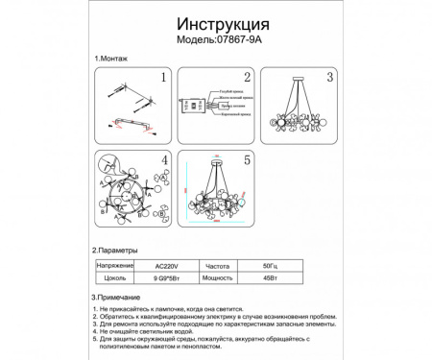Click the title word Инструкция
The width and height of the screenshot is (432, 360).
pyautogui.click(x=215, y=22)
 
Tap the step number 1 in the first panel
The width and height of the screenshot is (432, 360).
pyautogui.click(x=163, y=79)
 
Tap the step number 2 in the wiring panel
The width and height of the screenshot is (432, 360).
pyautogui.click(x=247, y=79)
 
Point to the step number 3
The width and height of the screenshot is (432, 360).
pyautogui.click(x=329, y=79)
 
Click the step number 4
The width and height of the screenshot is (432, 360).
pyautogui.click(x=163, y=160)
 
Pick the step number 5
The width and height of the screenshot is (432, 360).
pyautogui.click(x=247, y=160)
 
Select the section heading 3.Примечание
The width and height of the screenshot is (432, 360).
pyautogui.click(x=119, y=298)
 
